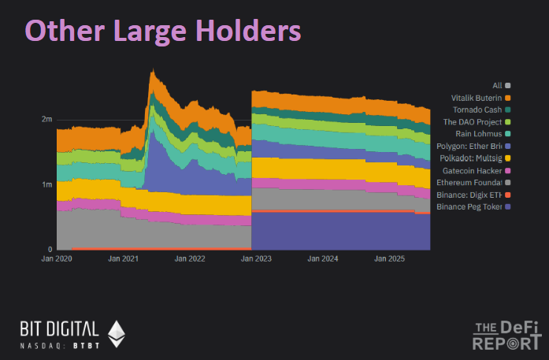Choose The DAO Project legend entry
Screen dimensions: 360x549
(473, 122)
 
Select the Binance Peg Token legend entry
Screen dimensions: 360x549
(469, 206)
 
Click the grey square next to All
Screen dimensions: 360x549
(508, 85)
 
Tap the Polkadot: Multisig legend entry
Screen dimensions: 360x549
(469, 158)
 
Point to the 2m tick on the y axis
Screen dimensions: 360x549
(46, 120)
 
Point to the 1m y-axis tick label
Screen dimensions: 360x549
(46, 184)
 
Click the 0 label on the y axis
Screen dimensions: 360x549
(49, 250)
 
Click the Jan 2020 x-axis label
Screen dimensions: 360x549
(57, 258)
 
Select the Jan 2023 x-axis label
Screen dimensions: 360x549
(252, 258)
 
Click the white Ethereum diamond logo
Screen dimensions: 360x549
(116, 333)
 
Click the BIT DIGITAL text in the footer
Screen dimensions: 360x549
(60, 328)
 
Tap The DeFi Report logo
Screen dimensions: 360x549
(507, 335)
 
